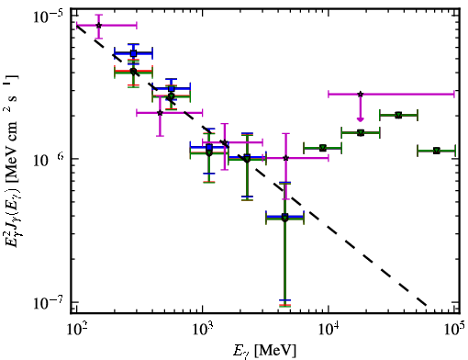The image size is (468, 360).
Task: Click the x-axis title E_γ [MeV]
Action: pos(264,350)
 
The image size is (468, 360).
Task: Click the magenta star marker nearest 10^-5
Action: pos(98,26)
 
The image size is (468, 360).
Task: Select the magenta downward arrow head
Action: pos(361,119)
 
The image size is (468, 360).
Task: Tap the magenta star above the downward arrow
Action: pos(361,94)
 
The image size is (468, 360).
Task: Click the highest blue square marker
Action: pos(133,53)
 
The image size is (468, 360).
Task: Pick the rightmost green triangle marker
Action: pos(437,151)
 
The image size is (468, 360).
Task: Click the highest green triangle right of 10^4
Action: pos(398,116)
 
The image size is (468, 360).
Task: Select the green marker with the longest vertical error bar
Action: pos(284,218)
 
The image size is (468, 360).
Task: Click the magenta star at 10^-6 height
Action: pos(286,158)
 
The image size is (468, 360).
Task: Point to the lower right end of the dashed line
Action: pos(426,305)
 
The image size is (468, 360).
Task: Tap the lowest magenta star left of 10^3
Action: pos(160,113)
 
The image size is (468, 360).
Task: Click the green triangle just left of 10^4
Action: pos(322,148)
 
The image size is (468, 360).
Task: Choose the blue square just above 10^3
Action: pos(209,147)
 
